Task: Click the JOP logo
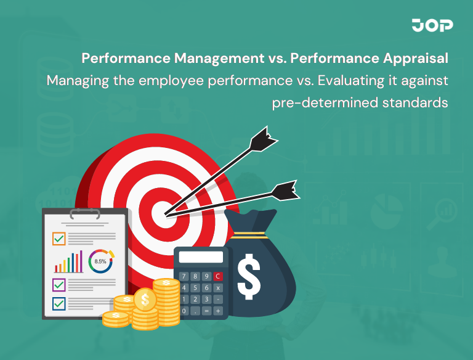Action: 432,26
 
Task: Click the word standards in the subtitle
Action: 416,102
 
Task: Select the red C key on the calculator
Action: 217,276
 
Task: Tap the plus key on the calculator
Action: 217,311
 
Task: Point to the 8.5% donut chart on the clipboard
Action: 100,261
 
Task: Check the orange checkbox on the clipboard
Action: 59,239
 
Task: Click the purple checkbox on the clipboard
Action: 59,285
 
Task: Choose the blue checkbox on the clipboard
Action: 59,303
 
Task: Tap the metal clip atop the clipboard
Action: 85,214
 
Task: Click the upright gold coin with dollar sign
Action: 145,301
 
